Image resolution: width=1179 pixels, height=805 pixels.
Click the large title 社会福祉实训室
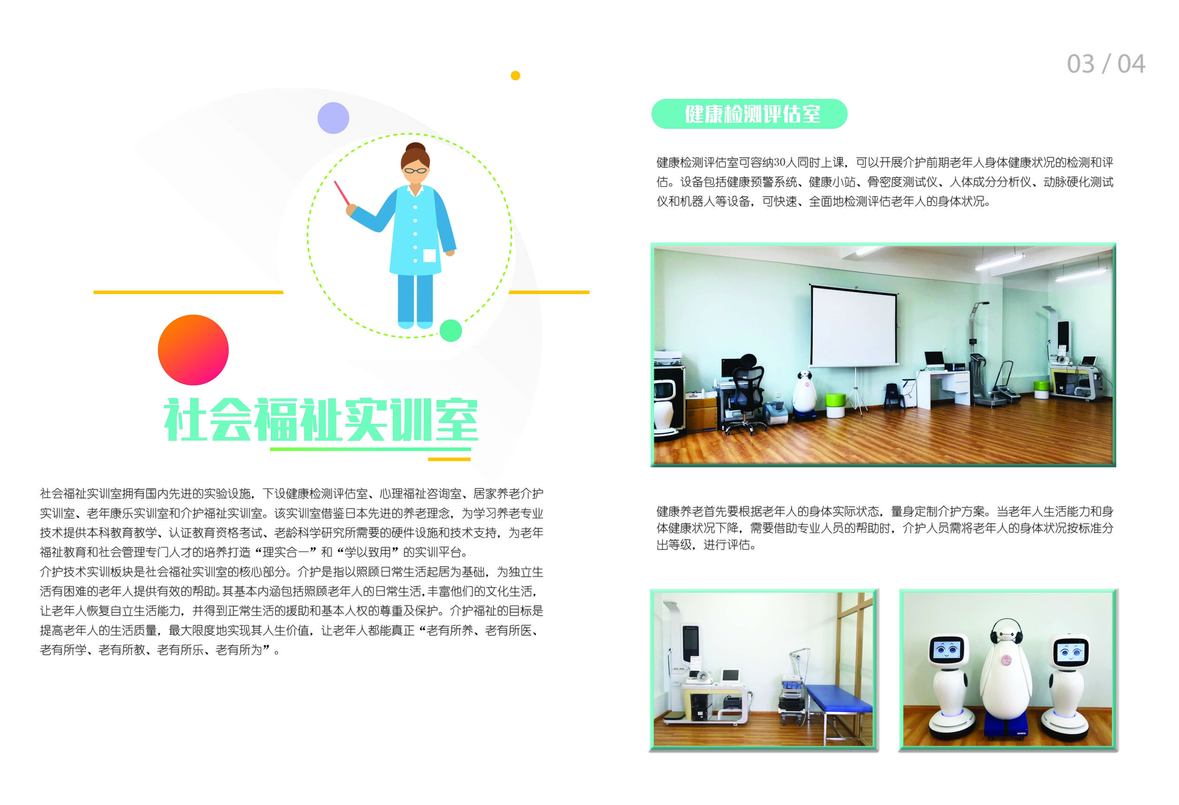(321, 420)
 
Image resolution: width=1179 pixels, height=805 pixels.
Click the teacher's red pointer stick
(341, 193)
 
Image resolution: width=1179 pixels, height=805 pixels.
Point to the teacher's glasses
(415, 170)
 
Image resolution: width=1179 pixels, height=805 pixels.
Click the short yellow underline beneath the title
(449, 459)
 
